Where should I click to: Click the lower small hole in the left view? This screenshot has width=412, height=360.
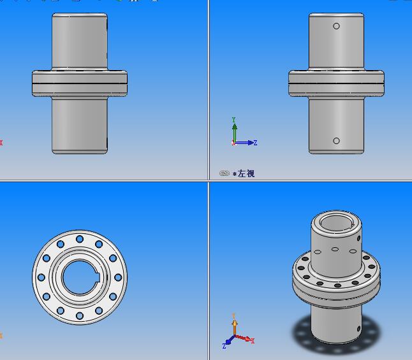pos(337,141)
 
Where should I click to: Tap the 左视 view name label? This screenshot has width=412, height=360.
pos(246,173)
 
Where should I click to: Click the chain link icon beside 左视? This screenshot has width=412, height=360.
pos(224,173)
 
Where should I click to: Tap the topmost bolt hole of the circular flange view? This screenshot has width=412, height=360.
pos(80,239)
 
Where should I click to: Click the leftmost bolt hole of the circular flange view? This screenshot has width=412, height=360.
pos(41,277)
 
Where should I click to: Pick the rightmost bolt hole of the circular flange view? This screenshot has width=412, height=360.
pos(118,277)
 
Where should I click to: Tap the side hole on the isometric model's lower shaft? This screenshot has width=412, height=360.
pos(358,329)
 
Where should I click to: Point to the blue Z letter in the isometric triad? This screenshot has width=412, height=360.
pos(224,345)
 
